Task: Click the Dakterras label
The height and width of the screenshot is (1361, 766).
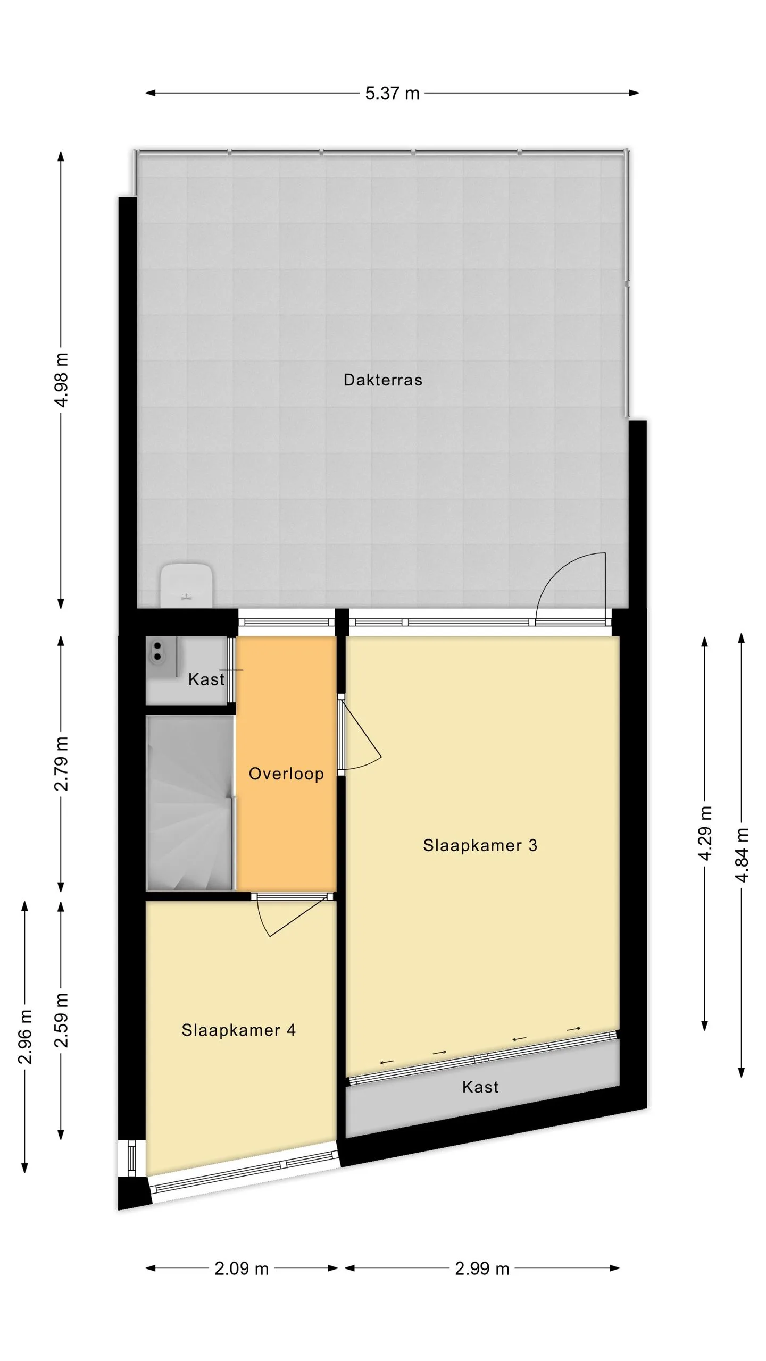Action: [383, 380]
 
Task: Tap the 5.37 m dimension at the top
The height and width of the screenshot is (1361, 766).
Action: [392, 94]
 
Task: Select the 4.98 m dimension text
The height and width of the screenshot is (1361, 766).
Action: [62, 380]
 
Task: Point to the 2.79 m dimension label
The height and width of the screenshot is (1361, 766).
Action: [62, 763]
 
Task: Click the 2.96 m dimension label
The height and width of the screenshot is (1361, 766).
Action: [25, 1037]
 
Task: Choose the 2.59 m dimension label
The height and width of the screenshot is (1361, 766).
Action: [62, 1020]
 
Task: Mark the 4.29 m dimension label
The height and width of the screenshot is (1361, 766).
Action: [705, 833]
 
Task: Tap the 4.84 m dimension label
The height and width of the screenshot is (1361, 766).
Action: [742, 855]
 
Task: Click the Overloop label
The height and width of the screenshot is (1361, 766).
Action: [286, 774]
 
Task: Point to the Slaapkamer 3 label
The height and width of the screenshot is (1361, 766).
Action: [480, 845]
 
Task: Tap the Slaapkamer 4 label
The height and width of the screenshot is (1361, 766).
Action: [238, 1030]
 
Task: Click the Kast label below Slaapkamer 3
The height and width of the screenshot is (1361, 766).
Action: [480, 1087]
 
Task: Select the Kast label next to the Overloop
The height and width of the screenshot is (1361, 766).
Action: [206, 679]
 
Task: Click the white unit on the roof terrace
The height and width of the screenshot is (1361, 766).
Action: [187, 585]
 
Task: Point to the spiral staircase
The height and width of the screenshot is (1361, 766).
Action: [189, 803]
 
